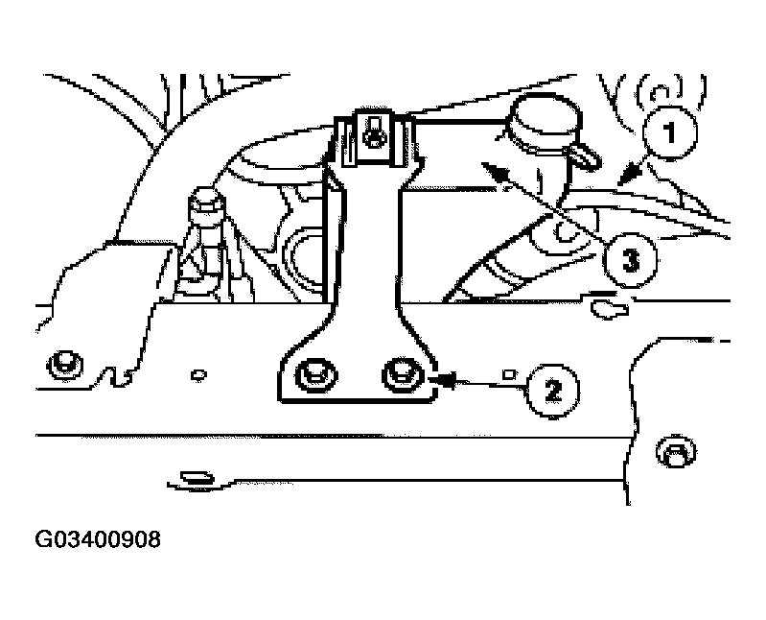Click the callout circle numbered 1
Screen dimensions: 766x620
click(670, 132)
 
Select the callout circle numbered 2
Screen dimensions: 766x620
click(552, 391)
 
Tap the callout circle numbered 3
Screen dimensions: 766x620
click(630, 260)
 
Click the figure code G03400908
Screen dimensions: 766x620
click(98, 539)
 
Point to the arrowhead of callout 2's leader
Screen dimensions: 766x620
click(442, 379)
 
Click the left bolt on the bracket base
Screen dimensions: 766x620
click(316, 375)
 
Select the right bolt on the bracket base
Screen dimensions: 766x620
click(403, 375)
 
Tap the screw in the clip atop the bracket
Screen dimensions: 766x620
click(373, 132)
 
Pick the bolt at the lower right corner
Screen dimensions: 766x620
click(676, 452)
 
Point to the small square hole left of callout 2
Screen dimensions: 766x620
click(509, 374)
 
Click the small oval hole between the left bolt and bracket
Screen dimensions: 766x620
click(198, 375)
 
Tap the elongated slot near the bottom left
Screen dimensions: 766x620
click(197, 477)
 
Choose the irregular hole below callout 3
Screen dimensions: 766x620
click(609, 309)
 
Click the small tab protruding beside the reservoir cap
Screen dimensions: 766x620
click(586, 155)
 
